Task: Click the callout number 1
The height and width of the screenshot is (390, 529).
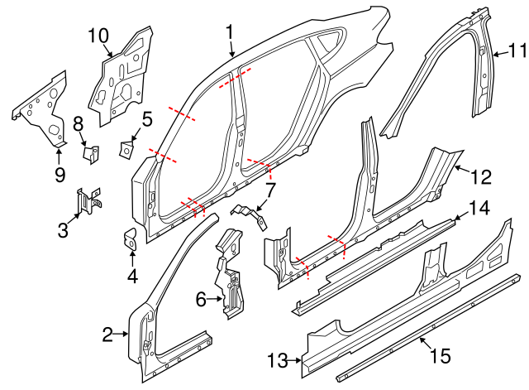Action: click(230, 32)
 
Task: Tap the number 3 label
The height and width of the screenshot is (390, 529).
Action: click(63, 229)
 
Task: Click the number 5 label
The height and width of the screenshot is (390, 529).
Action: click(146, 119)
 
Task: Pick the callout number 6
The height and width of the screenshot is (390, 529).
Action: click(199, 300)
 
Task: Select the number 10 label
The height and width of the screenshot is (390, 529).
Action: click(98, 35)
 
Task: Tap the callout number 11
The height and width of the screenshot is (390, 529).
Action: click(517, 51)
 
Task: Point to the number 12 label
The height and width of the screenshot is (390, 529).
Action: click(481, 176)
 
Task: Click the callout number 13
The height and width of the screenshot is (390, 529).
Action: click(278, 360)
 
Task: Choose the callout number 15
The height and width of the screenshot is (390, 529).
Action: click(441, 356)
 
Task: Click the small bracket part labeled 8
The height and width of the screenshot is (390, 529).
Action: click(91, 153)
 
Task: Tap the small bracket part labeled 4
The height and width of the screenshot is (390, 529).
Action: click(131, 239)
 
